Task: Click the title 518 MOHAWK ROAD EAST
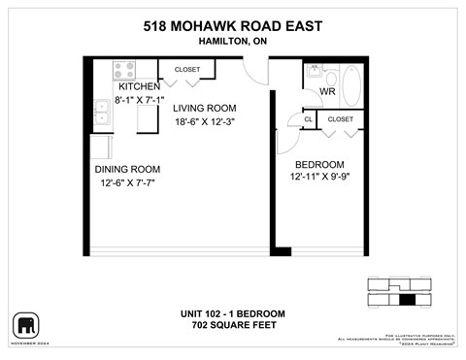(232, 26)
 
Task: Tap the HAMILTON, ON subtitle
(232, 42)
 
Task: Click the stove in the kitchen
(123, 69)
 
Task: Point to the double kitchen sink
(100, 114)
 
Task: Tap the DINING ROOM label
(128, 168)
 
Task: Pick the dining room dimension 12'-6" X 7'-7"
(128, 182)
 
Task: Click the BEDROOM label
(319, 164)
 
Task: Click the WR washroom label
(326, 92)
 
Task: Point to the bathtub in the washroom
(350, 83)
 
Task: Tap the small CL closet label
(308, 119)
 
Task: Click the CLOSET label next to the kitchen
(187, 70)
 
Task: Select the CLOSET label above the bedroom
(341, 119)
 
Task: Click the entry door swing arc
(255, 75)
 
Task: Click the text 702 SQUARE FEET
(232, 325)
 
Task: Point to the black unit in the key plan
(407, 298)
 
